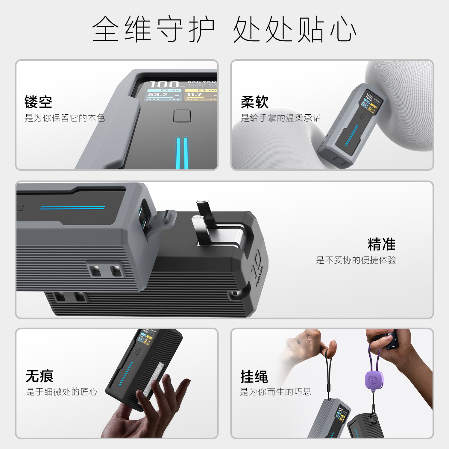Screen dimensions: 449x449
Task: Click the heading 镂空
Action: [38, 102]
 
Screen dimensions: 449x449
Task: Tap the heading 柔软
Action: [254, 102]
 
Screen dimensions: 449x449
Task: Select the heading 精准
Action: [381, 244]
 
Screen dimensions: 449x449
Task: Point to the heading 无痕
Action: [40, 376]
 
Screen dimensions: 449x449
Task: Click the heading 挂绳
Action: [254, 377]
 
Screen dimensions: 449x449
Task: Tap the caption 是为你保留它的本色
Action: [65, 118]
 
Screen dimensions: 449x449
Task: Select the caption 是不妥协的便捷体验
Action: [356, 260]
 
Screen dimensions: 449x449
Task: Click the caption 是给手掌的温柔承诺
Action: [281, 118]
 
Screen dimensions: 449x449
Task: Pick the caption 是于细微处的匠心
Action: [62, 392]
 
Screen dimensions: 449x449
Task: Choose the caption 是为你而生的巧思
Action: [275, 392]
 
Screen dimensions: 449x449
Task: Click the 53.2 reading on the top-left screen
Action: [158, 95]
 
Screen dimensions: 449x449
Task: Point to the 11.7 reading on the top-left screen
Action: [194, 95]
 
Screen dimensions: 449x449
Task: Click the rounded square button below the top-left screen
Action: [182, 116]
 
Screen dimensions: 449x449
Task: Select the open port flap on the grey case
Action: [163, 222]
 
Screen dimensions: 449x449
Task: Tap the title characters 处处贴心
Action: [295, 29]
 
